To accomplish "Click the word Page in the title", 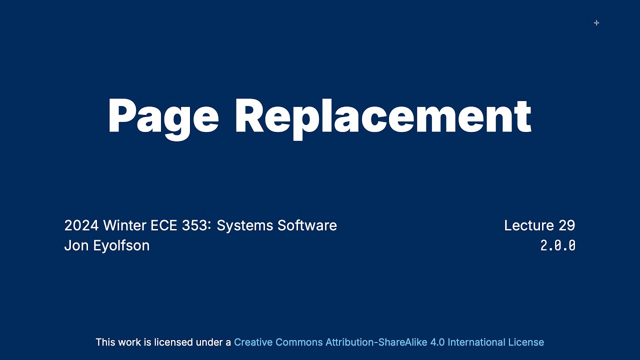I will click(163, 116).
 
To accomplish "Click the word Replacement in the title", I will click(382, 116).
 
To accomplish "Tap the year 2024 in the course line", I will click(81, 225).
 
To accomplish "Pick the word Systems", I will click(245, 226).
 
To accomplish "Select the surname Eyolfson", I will click(121, 246).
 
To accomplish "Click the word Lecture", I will click(529, 225).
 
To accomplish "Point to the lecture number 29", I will click(567, 225).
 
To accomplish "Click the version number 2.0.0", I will click(558, 245).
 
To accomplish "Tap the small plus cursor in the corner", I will click(596, 22).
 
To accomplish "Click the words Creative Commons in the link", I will click(278, 342).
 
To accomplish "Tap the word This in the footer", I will click(105, 342).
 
